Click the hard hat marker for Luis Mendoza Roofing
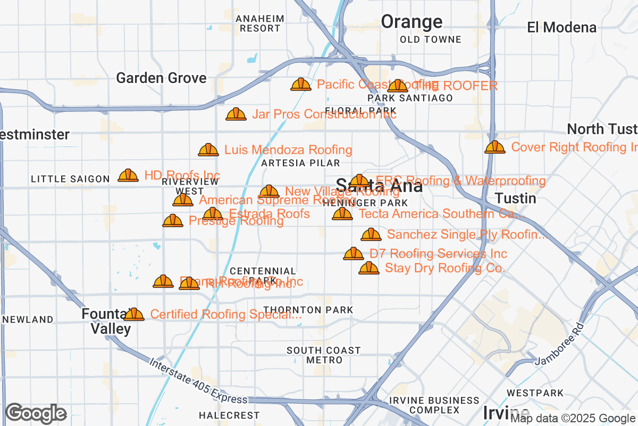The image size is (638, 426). (208, 150)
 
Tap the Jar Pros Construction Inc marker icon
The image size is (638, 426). (236, 114)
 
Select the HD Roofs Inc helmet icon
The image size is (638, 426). (128, 175)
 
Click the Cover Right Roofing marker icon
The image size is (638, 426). (495, 147)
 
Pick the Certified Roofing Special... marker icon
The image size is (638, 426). (134, 315)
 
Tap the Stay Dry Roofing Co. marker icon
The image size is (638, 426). (369, 268)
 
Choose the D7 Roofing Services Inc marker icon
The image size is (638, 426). (354, 254)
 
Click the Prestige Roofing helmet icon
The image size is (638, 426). (173, 221)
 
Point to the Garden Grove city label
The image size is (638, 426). (161, 78)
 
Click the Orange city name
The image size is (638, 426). (412, 22)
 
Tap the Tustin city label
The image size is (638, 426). (515, 199)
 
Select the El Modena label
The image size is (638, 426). (562, 27)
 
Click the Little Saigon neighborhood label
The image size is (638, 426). (70, 179)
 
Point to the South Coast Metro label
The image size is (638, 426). (323, 355)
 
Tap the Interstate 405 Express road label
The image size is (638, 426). (198, 381)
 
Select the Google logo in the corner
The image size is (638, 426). (36, 413)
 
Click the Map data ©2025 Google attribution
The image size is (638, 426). (573, 419)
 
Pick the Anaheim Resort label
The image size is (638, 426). (260, 23)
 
